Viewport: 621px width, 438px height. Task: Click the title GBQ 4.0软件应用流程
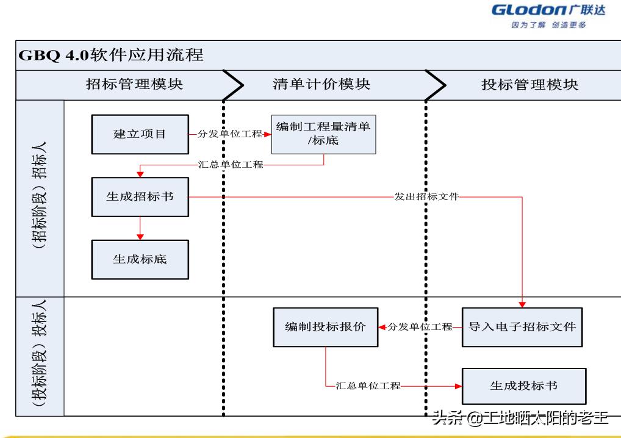point(112,55)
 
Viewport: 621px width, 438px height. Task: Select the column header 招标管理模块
point(134,84)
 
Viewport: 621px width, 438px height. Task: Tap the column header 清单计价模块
point(321,84)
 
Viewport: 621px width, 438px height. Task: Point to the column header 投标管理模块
point(529,84)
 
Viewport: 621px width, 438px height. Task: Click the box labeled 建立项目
point(140,134)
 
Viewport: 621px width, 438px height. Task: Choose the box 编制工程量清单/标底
point(323,134)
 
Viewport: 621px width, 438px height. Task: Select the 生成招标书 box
point(140,197)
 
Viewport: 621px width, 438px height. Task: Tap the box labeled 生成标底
point(140,259)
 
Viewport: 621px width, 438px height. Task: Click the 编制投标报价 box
point(325,327)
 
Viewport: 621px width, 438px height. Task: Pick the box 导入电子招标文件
point(522,327)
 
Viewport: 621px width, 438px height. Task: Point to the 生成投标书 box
point(524,386)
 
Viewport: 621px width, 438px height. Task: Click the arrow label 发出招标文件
point(426,197)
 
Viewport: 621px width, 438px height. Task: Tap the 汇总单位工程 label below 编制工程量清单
point(231,165)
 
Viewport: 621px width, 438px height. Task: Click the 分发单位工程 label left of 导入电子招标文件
point(420,327)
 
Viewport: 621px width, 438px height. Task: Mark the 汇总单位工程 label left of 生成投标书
point(368,386)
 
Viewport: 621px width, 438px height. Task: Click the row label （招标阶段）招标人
point(40,197)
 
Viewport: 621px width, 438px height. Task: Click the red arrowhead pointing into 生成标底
point(140,236)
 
